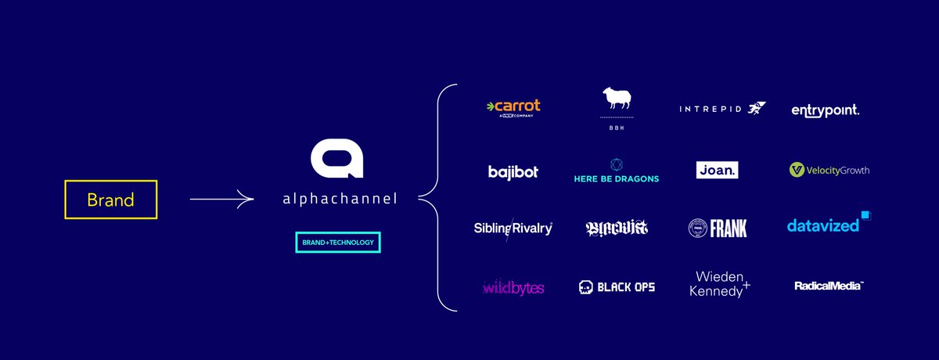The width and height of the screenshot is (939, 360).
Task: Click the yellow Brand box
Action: [110, 200]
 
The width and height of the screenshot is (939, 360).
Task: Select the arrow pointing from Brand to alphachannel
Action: [221, 200]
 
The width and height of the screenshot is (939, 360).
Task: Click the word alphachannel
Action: [339, 199]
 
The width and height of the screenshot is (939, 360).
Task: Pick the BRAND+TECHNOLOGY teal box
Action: [338, 243]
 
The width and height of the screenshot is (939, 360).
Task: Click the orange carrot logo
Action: [513, 106]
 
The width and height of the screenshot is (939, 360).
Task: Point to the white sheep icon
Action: [617, 99]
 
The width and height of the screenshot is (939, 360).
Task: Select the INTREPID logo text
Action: [711, 109]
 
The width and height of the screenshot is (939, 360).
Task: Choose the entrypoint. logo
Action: [825, 110]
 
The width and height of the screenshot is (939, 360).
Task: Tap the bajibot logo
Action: [513, 171]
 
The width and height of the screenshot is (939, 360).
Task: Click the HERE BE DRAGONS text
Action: [617, 179]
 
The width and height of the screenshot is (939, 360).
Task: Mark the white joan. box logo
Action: [717, 170]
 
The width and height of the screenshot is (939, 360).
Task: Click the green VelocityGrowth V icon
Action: [797, 170]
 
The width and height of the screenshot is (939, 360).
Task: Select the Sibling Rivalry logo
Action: [513, 229]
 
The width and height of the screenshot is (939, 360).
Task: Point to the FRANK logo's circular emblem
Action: [697, 229]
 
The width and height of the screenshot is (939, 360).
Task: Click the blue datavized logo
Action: [823, 225]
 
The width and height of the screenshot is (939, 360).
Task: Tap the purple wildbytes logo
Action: [513, 288]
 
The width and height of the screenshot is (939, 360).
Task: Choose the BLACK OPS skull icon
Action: [585, 287]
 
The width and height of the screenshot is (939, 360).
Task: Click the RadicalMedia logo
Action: [828, 286]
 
